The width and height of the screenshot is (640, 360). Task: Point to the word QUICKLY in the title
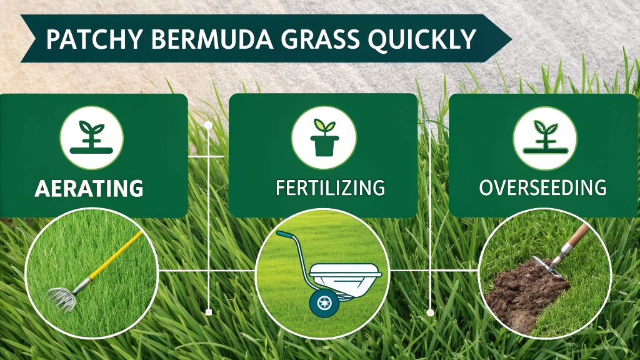coord(422,40)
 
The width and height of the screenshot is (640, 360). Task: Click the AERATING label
coord(89,188)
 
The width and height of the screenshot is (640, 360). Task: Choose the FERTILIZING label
coord(330,187)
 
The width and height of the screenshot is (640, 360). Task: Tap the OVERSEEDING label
coord(542,187)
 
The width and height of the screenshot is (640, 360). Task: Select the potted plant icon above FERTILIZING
coord(324,137)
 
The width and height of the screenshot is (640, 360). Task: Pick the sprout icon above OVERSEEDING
coord(545,137)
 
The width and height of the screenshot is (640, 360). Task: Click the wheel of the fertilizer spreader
coord(324,303)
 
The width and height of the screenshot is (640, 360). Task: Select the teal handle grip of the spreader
coord(285,236)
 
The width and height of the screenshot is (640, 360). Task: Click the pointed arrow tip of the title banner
coord(511,39)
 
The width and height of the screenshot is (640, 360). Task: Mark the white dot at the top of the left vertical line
coord(208,125)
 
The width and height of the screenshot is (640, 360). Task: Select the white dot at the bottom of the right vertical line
coord(430,312)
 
